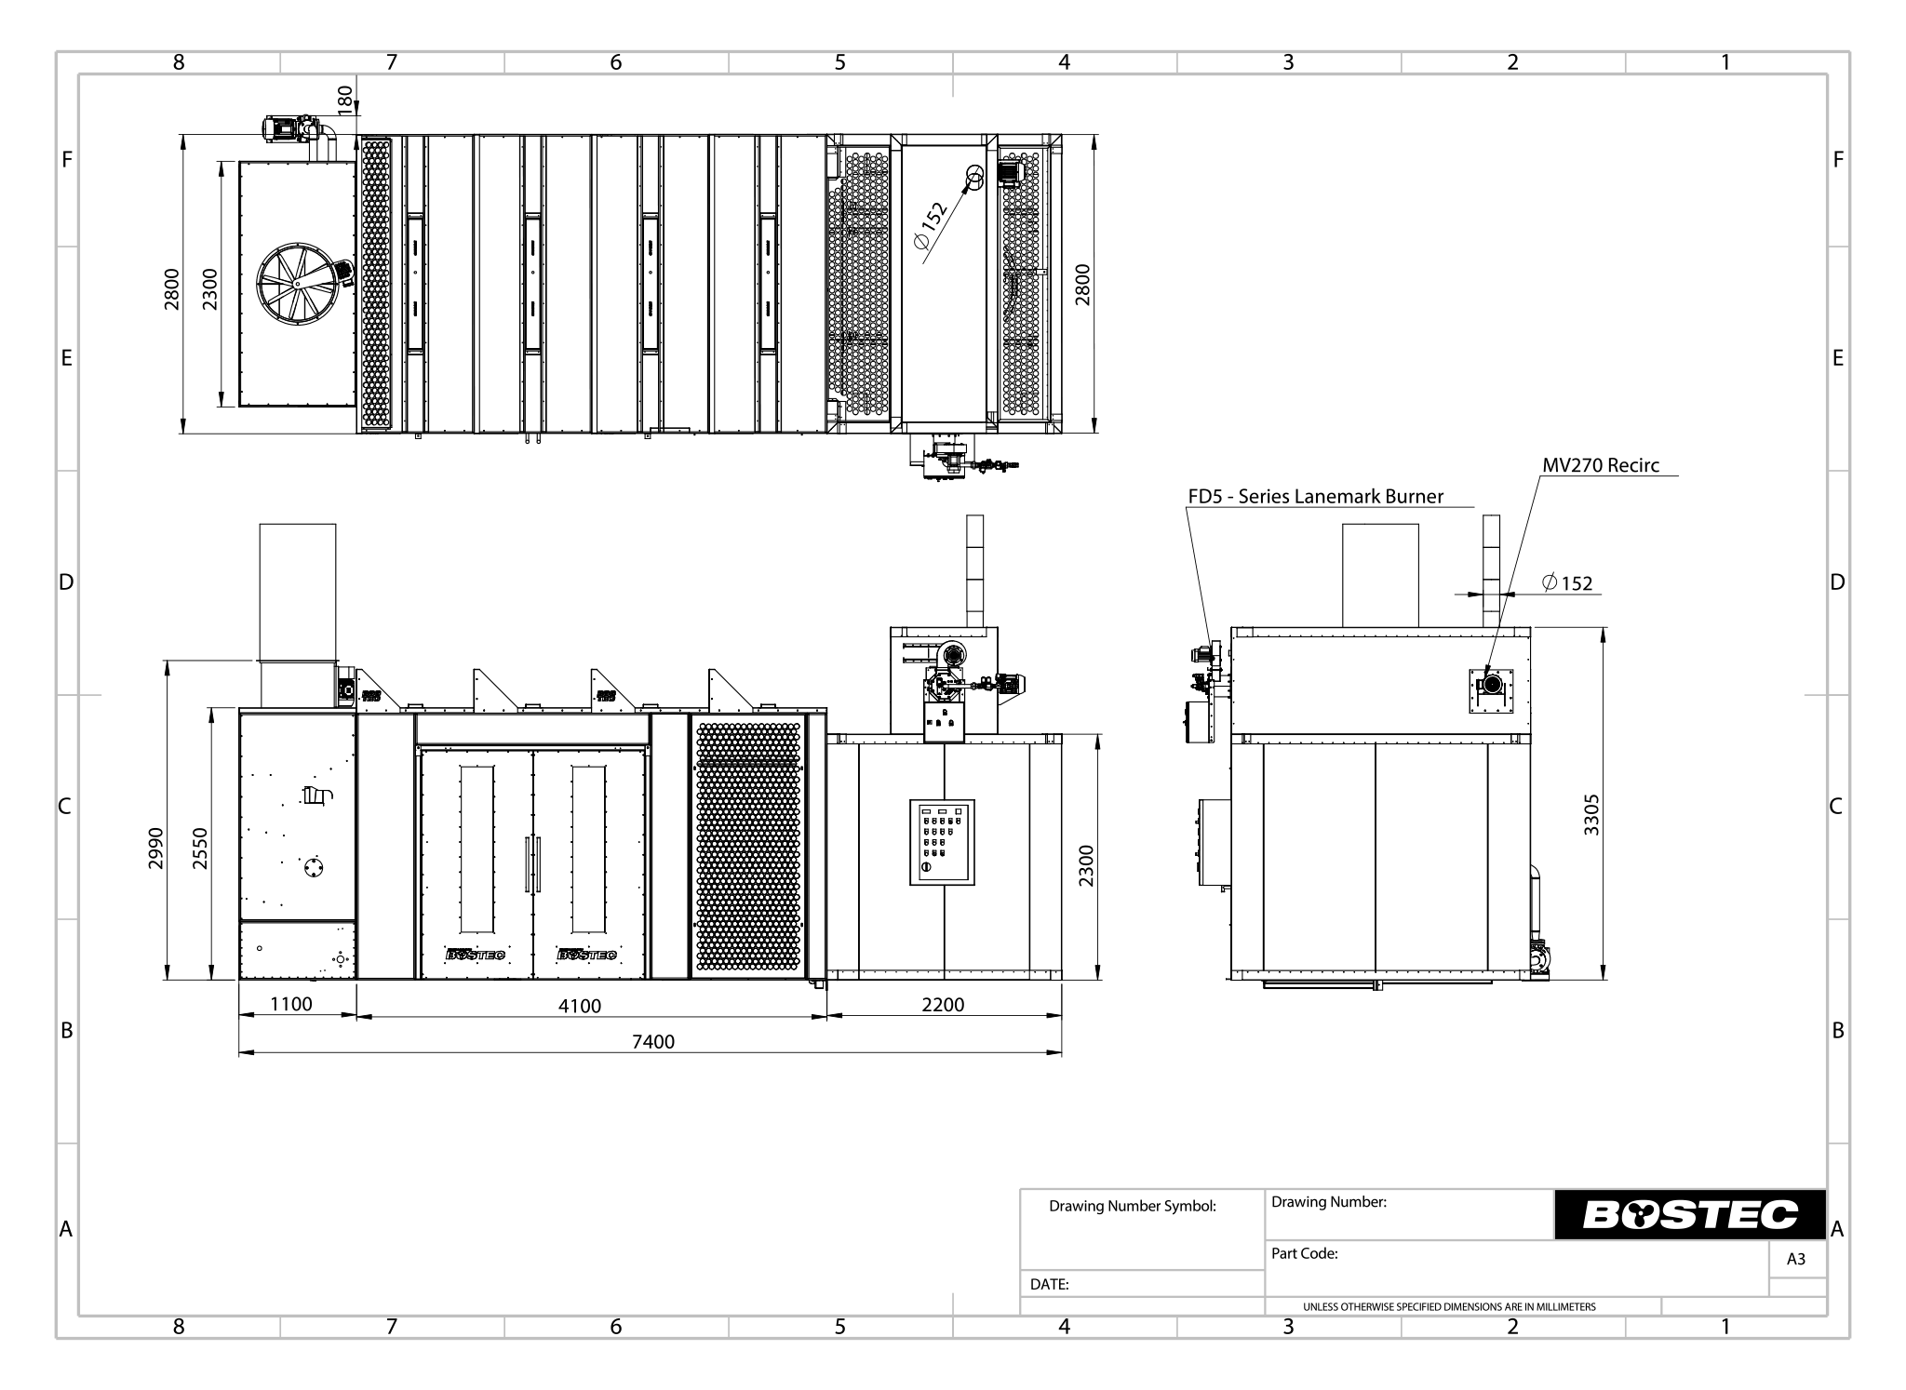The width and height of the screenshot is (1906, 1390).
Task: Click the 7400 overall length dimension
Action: click(x=652, y=1041)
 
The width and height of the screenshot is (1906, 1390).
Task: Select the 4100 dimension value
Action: click(x=580, y=1006)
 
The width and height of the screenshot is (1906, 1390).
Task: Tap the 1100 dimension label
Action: click(x=291, y=1004)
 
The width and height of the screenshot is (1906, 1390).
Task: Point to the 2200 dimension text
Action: click(x=944, y=1004)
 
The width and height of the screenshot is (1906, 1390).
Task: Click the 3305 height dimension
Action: click(x=1591, y=815)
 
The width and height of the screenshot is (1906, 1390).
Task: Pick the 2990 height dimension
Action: click(x=156, y=848)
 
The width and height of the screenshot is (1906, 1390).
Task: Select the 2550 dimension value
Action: click(x=200, y=848)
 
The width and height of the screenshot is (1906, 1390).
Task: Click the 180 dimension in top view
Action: click(x=345, y=98)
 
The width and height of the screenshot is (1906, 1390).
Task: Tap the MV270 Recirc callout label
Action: click(x=1601, y=465)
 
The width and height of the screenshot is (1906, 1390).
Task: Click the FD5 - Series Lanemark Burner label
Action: click(x=1316, y=496)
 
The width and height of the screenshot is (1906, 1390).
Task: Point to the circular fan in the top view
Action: click(x=297, y=284)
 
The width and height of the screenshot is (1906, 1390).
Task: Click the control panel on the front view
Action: click(x=942, y=841)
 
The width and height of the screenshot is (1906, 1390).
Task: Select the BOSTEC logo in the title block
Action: click(x=1689, y=1214)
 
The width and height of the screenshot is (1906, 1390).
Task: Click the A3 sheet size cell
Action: click(x=1795, y=1259)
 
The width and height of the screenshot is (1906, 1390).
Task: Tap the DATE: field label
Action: click(x=1049, y=1284)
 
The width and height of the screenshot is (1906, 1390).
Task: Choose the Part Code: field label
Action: click(x=1304, y=1253)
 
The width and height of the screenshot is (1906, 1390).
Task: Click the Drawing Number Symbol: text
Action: click(x=1132, y=1206)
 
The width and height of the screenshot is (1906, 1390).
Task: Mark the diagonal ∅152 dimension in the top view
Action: click(x=931, y=224)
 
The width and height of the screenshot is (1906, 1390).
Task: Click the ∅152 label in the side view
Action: click(x=1567, y=583)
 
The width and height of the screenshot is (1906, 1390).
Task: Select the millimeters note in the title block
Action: click(x=1448, y=1306)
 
